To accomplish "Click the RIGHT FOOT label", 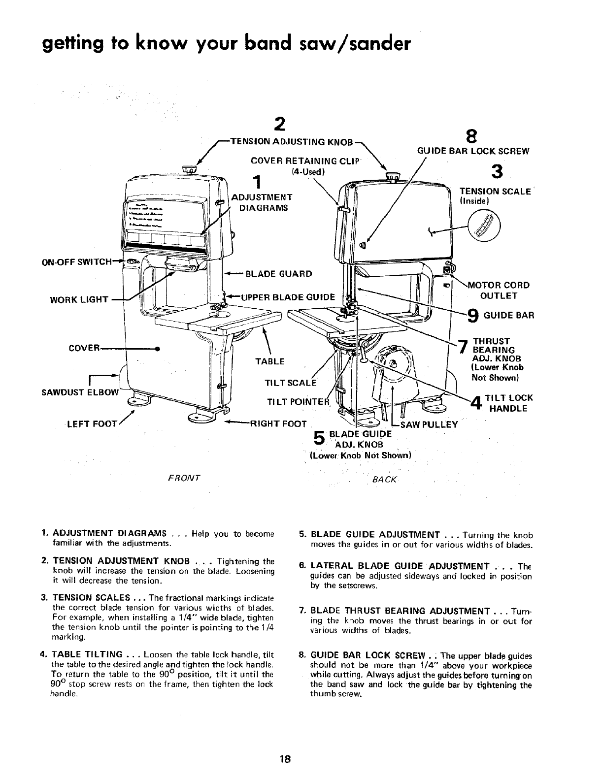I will [x=279, y=424].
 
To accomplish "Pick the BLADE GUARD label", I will [x=279, y=274].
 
